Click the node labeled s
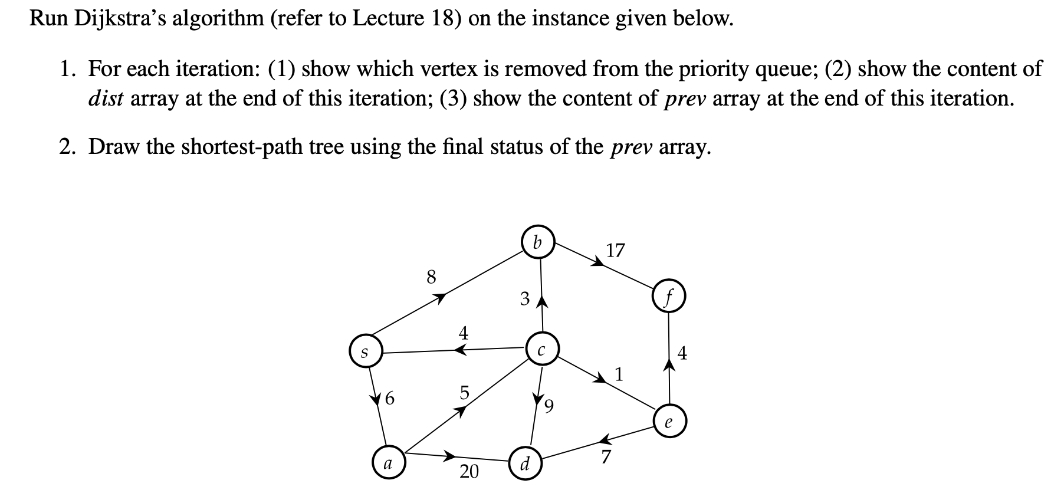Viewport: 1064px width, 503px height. pos(365,353)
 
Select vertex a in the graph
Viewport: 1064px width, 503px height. pos(387,463)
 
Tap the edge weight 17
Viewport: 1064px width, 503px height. pos(615,251)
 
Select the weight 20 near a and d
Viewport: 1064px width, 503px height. pos(469,471)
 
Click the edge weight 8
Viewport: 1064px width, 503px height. pos(431,277)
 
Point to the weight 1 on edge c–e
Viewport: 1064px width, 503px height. pos(619,374)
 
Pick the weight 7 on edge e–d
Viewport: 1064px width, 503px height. pos(606,456)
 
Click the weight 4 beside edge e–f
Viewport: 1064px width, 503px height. pos(682,354)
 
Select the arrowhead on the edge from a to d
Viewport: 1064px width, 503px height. pos(451,455)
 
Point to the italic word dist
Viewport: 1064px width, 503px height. pos(106,98)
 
